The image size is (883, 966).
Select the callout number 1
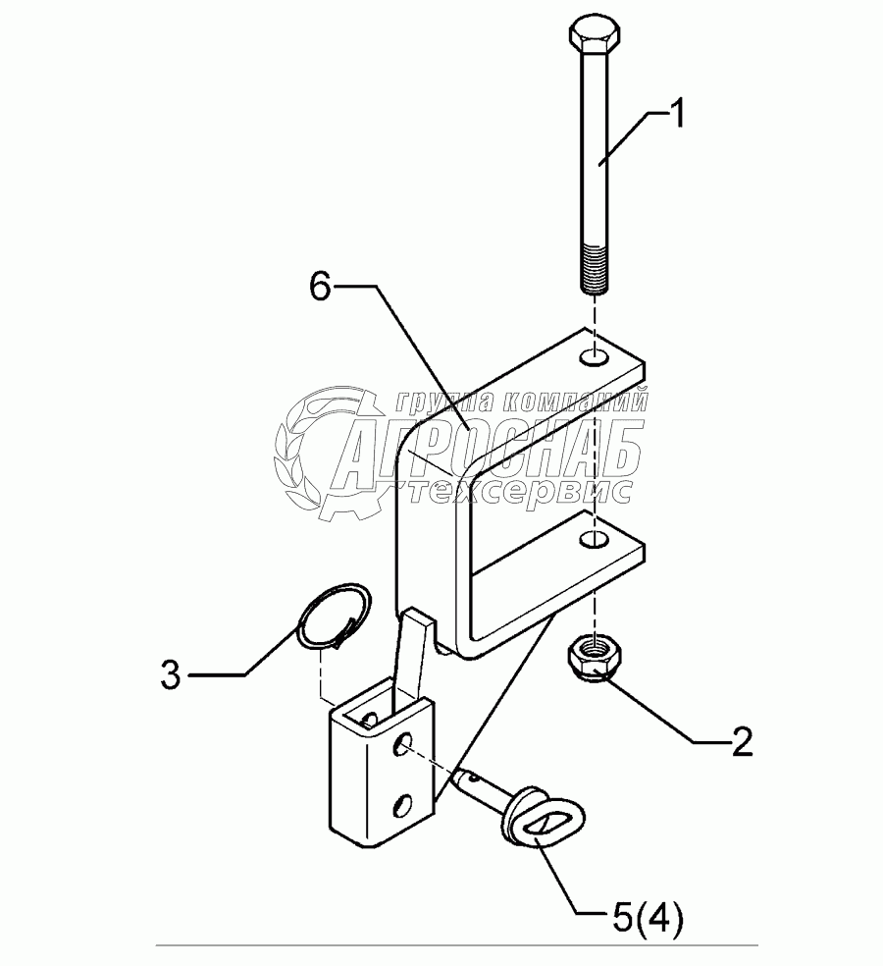tap(675, 116)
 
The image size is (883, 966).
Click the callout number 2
tap(741, 742)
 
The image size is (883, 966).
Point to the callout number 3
tap(171, 675)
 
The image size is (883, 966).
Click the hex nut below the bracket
tap(593, 657)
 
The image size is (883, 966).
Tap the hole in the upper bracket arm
tap(592, 354)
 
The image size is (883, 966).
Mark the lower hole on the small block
tap(400, 806)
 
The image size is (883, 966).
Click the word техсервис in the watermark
tap(520, 491)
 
